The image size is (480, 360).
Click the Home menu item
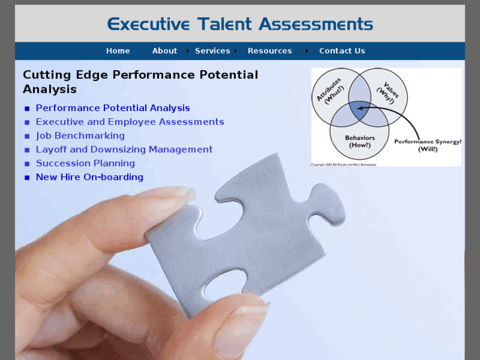point(118,51)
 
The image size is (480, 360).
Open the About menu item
point(164,51)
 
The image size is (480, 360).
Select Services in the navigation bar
point(213,51)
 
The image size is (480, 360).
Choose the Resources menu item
point(269,51)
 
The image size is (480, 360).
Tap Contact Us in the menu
point(342,51)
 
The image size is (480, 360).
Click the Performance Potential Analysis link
point(113,108)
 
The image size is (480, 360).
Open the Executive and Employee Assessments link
point(130,122)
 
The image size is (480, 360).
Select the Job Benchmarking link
point(80,136)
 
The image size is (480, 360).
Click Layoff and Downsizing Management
point(124,150)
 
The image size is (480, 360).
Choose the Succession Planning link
point(85,164)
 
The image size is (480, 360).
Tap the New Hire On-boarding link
point(89,178)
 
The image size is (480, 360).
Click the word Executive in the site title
point(149,24)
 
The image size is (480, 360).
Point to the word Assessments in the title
point(316,24)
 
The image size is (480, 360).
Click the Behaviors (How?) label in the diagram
point(360,141)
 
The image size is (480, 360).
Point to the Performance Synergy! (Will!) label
point(427,145)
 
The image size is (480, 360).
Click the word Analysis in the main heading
point(50,90)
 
